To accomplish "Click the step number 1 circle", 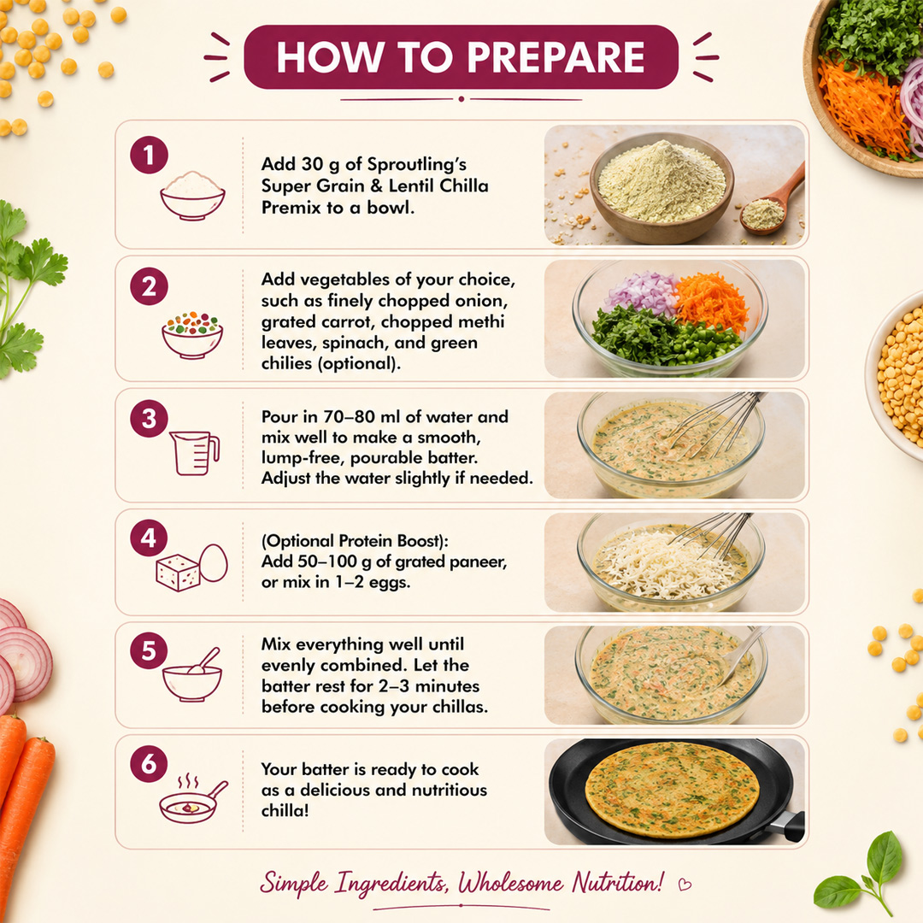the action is pos(149,156).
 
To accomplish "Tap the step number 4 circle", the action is pos(149,538).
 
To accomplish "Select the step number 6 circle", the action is pos(149,763).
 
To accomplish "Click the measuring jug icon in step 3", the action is pos(194,453).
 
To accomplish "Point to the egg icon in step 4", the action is pos(213,563).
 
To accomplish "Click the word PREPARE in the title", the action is pos(556,57).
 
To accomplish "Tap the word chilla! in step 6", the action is pos(285,810).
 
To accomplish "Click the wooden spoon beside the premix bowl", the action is pos(773,200).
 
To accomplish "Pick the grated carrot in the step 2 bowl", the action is pos(712,300).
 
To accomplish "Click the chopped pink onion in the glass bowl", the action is pos(643,292).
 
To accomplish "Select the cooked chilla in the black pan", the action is pos(673,790).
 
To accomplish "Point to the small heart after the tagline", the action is pos(685,885).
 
